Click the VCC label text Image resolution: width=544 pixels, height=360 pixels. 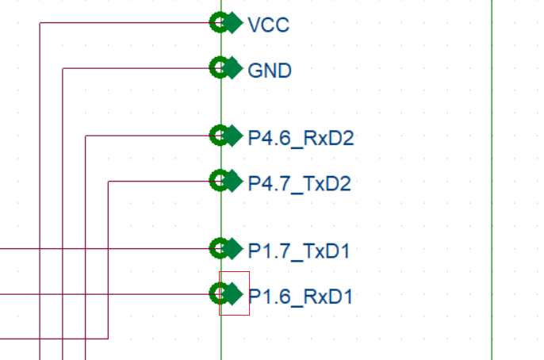tap(268, 25)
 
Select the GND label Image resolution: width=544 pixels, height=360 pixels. tap(270, 71)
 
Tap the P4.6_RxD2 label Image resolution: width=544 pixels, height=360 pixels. tap(301, 138)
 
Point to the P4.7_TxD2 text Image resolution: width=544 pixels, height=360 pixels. tap(299, 184)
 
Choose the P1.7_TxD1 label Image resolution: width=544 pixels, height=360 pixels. tap(298, 251)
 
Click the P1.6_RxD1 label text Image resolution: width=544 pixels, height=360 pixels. tap(300, 297)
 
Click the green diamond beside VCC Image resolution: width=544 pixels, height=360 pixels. tap(232, 23)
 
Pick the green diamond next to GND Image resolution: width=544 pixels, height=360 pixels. tap(232, 68)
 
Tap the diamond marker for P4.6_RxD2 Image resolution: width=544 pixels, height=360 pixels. tap(232, 136)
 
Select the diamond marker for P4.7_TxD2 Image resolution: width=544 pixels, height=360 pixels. tap(232, 182)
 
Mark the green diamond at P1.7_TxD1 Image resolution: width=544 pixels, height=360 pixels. tap(232, 249)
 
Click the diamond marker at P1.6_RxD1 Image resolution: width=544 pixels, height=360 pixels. tap(232, 294)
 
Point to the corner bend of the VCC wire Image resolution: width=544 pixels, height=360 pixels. tap(39, 23)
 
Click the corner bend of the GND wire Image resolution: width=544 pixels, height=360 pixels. tap(62, 68)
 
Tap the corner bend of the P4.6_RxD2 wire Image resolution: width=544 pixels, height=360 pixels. tap(85, 136)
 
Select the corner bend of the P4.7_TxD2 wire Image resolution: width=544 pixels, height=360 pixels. tap(107, 182)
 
